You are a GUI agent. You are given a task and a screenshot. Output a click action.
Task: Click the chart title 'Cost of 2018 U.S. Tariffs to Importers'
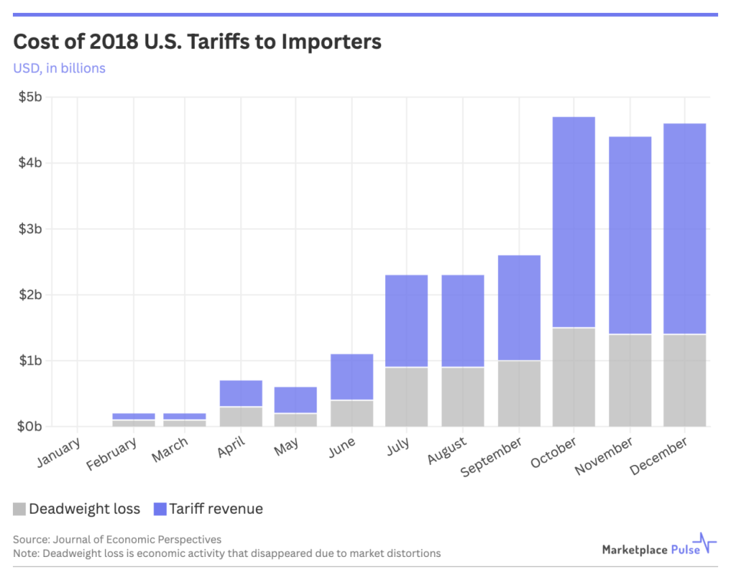(x=197, y=42)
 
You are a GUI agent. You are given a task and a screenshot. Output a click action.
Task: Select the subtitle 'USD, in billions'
(x=60, y=68)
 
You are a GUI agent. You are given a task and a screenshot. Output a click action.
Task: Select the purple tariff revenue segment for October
(x=573, y=222)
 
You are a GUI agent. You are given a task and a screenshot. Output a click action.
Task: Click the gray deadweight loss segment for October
(x=573, y=377)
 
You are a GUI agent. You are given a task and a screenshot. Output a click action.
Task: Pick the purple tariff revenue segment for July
(x=407, y=321)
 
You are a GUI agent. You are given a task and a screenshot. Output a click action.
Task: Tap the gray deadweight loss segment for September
(x=518, y=393)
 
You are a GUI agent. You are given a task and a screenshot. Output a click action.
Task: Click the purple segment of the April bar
(x=241, y=393)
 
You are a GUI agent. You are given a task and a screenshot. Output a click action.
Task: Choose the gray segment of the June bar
(x=351, y=413)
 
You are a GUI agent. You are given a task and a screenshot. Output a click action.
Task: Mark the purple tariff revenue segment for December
(x=684, y=229)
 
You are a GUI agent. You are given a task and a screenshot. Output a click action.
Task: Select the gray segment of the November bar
(x=629, y=380)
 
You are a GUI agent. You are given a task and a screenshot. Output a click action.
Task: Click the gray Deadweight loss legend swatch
(x=20, y=509)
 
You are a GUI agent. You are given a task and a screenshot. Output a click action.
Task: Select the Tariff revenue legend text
(x=216, y=509)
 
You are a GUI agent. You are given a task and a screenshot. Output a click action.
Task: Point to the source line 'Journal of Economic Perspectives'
(x=117, y=539)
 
